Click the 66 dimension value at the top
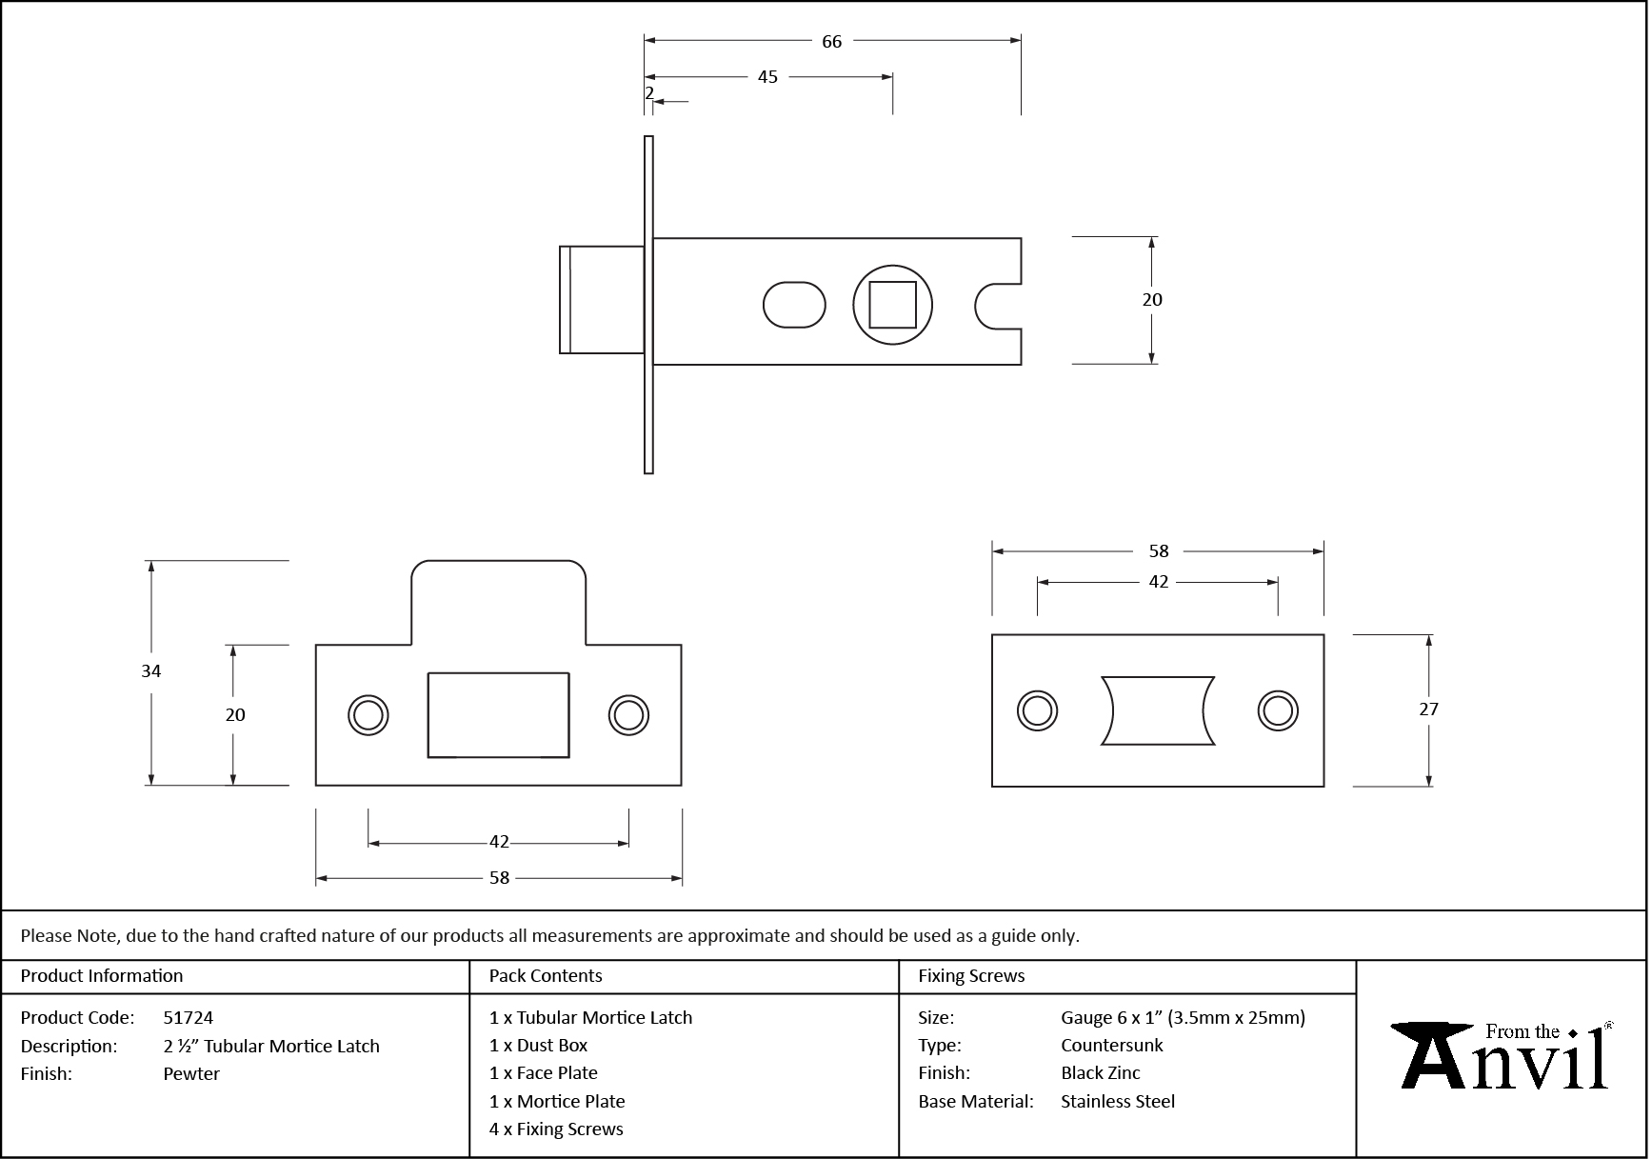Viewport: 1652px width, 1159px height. click(831, 42)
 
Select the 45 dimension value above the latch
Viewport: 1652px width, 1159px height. click(767, 77)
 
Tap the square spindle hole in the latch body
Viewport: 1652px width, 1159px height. click(892, 305)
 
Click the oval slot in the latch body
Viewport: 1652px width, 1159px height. click(794, 305)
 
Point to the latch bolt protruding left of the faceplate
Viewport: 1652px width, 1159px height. click(601, 300)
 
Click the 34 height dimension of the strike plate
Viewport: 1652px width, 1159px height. click(151, 671)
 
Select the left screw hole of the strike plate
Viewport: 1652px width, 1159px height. click(368, 714)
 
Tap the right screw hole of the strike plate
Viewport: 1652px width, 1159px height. click(628, 714)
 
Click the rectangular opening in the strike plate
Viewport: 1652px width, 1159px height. click(498, 715)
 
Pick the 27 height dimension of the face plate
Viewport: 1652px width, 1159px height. click(1428, 709)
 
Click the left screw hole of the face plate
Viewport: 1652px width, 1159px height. click(1037, 710)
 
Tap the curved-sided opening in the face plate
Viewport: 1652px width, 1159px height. click(1158, 710)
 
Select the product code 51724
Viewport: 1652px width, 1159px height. click(189, 1018)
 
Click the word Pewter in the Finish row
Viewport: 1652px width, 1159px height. click(191, 1074)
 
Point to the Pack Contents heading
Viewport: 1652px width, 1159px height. click(546, 976)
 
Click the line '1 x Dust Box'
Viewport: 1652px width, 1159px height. click(539, 1046)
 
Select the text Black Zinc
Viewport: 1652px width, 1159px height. click(1101, 1073)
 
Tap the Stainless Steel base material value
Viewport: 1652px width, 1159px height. click(1118, 1102)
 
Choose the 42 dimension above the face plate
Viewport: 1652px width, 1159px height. click(1158, 582)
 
